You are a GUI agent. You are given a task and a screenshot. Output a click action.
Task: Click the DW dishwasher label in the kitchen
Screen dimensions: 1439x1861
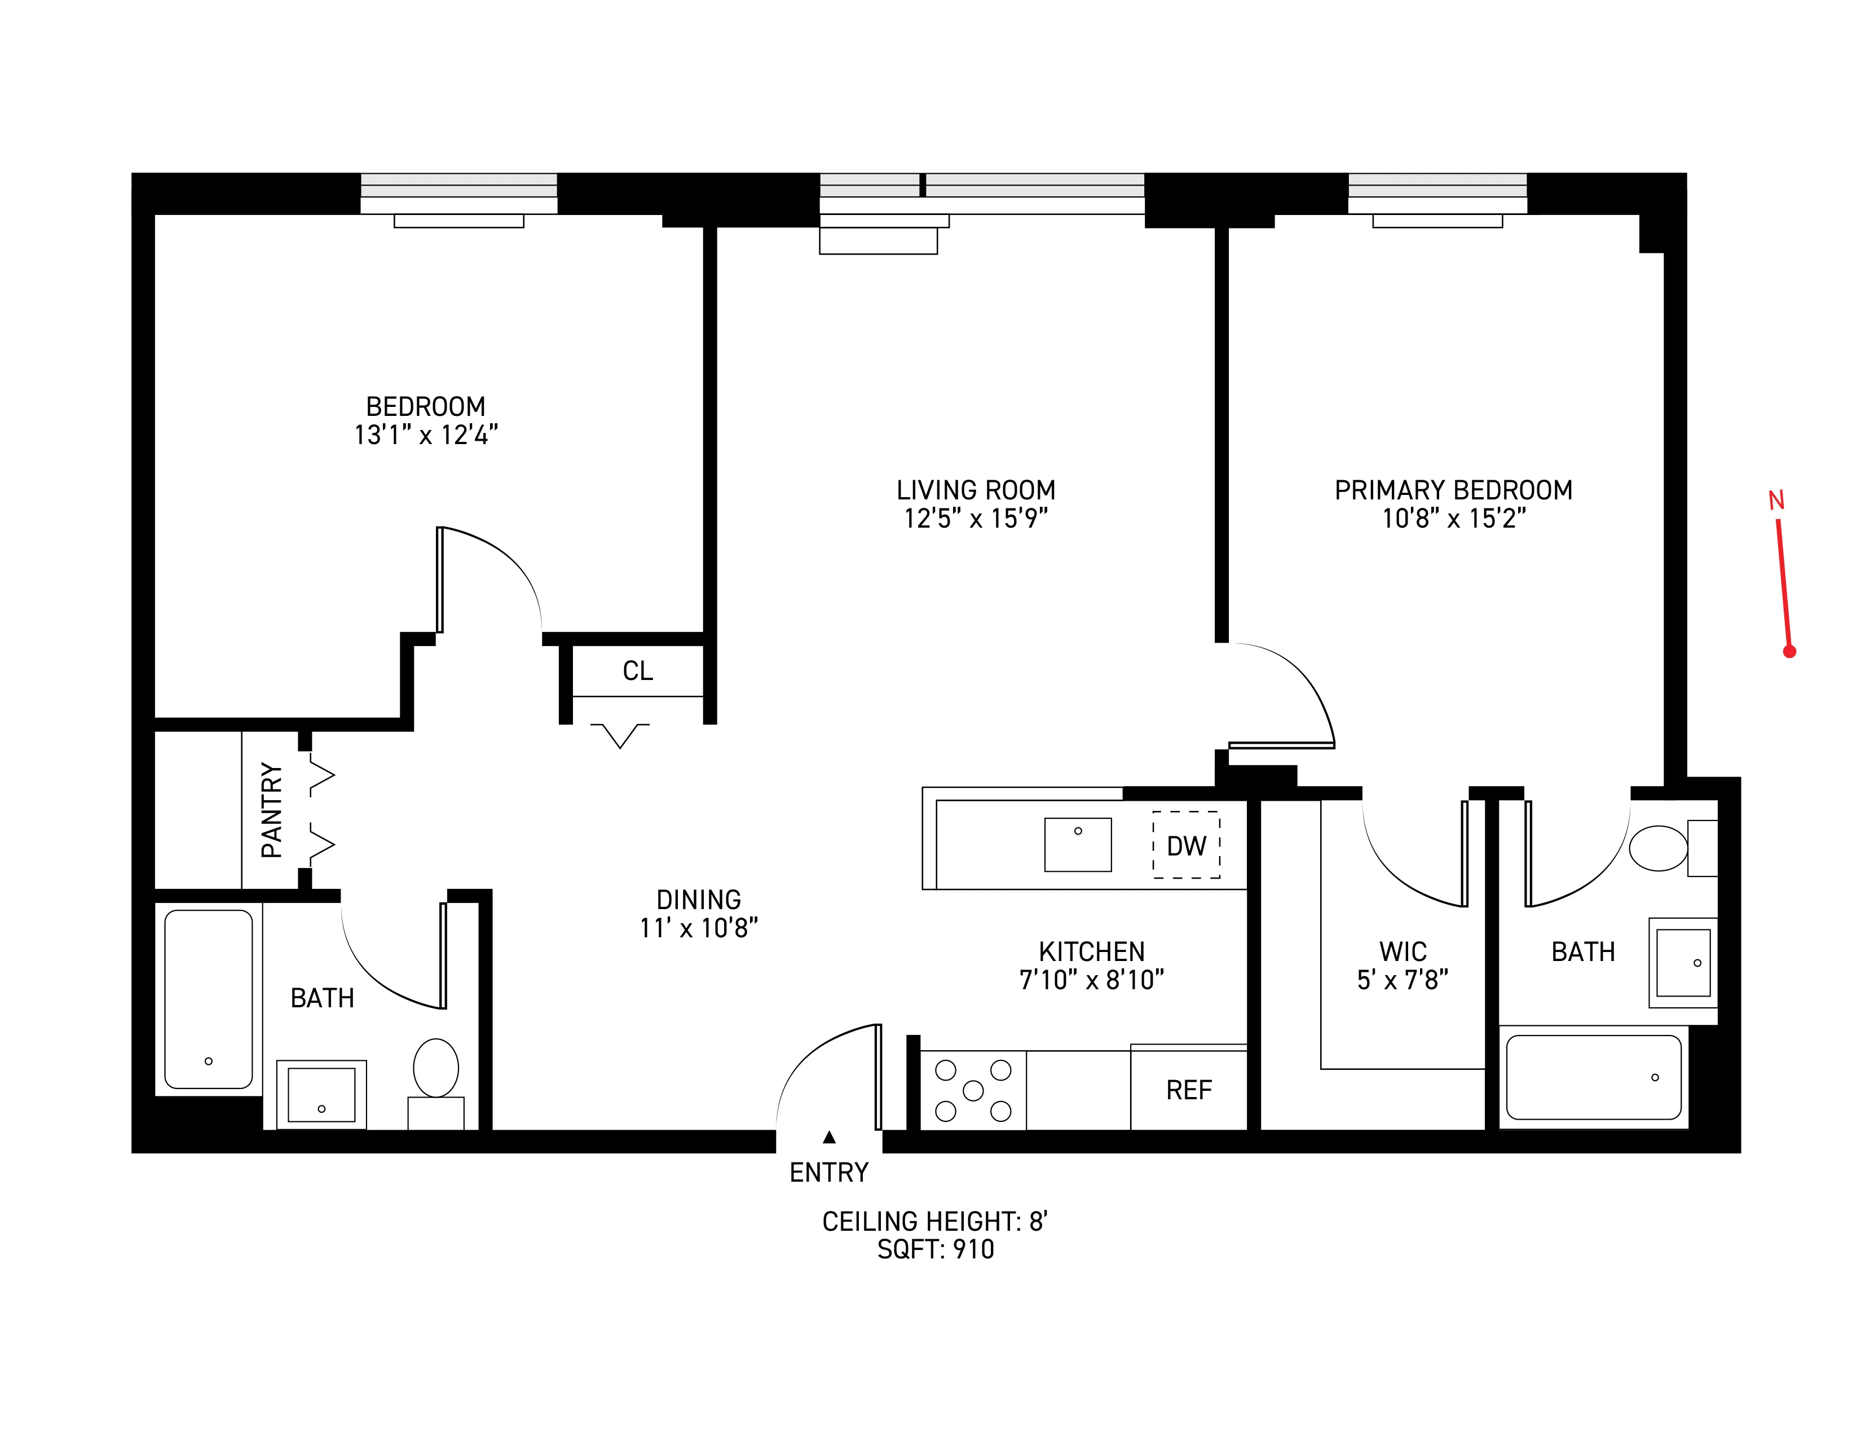pos(1185,846)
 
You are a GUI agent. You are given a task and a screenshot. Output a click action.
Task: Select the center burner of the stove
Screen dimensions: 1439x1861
pos(972,1090)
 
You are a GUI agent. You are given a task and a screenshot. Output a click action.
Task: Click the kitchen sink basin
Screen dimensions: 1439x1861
pos(1077,844)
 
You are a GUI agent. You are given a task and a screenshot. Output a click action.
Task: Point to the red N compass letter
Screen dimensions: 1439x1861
pos(1776,501)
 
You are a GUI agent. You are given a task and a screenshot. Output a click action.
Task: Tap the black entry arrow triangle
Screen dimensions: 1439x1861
pos(829,1137)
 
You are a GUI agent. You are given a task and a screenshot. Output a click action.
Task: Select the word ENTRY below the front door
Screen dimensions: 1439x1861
pos(828,1173)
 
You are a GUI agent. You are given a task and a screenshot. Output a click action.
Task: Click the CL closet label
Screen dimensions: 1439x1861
pos(637,671)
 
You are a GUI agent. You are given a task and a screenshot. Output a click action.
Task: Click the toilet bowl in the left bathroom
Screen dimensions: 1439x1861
pos(435,1067)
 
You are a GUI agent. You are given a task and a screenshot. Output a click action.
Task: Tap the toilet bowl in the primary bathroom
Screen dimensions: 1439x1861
pos(1657,848)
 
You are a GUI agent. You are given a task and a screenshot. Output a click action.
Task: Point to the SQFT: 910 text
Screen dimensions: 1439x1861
pos(935,1249)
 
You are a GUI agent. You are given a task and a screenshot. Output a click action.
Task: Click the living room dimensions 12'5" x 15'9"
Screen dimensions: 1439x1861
pos(975,518)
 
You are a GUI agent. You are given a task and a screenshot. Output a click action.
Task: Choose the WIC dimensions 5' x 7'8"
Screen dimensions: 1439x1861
pos(1402,980)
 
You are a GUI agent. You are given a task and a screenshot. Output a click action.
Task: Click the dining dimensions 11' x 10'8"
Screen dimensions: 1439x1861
pos(698,928)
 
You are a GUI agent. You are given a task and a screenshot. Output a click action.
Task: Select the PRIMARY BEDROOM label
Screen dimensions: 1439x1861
pos(1453,490)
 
